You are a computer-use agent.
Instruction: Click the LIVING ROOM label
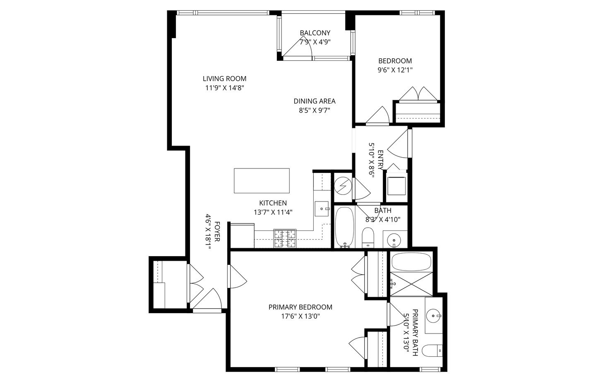click(x=224, y=79)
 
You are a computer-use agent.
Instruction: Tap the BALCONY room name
click(x=315, y=33)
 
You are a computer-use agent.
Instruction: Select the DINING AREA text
click(x=315, y=101)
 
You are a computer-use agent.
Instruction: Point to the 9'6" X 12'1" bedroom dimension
click(x=395, y=70)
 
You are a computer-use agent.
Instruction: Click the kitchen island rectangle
click(x=262, y=180)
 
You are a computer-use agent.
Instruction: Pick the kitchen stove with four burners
click(x=285, y=239)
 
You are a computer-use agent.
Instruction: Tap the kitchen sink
click(x=322, y=209)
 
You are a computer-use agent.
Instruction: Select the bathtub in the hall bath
click(x=344, y=227)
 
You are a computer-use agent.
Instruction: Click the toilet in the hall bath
click(x=368, y=237)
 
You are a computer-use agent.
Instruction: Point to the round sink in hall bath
click(x=394, y=240)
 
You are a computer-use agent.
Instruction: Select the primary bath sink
click(x=434, y=316)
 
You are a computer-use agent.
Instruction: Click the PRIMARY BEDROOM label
click(x=300, y=307)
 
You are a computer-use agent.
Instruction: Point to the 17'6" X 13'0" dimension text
click(x=300, y=317)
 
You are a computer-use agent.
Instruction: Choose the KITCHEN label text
click(x=273, y=203)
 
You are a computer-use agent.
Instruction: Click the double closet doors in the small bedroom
click(x=418, y=94)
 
